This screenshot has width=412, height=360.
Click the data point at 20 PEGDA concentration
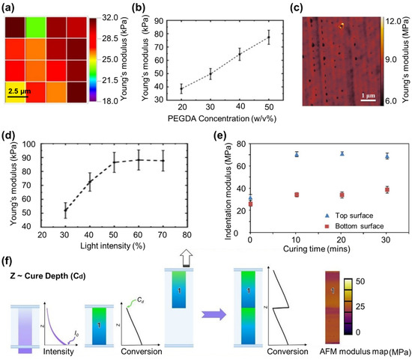181,89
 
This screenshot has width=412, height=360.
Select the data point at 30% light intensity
65,210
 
